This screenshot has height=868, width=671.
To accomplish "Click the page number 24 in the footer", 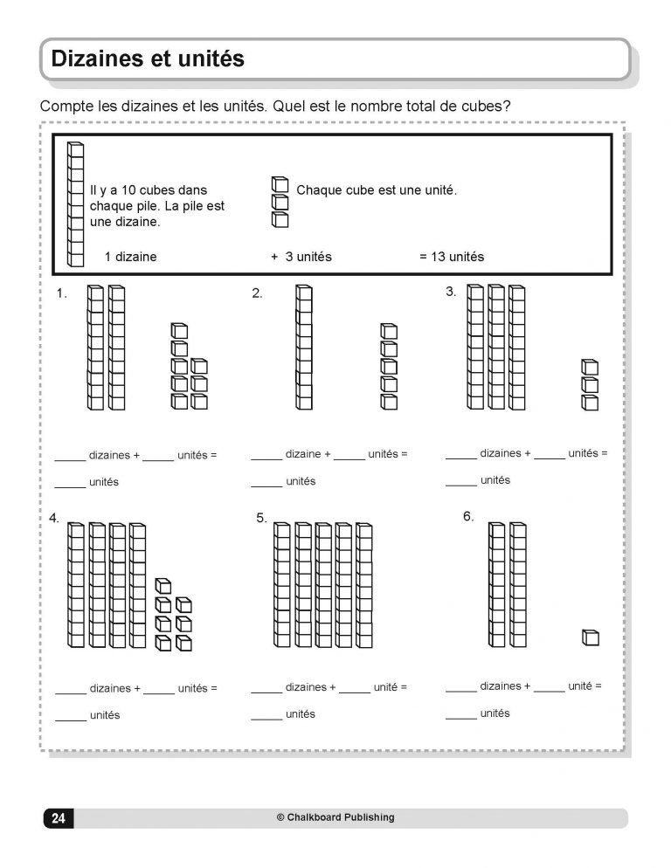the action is [x=58, y=818].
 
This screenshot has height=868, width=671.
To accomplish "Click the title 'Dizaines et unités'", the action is [x=148, y=59].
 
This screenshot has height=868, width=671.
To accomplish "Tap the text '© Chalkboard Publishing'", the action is [x=335, y=818].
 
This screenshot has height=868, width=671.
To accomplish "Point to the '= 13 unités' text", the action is [x=451, y=257].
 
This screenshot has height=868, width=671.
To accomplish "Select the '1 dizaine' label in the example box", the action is [x=130, y=257].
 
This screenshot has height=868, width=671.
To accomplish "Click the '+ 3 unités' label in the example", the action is [x=301, y=257].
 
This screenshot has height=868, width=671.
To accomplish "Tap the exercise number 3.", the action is [x=451, y=292].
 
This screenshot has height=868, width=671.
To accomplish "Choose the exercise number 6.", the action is [x=468, y=517].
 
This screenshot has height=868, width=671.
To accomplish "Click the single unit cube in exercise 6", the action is [x=591, y=638].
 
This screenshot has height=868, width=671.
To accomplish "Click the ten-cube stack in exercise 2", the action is [x=303, y=347].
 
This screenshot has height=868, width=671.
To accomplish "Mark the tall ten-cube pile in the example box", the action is [x=76, y=204].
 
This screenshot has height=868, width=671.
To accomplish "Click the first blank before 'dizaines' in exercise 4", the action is [x=70, y=690].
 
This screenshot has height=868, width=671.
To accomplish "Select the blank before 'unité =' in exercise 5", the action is [x=354, y=689].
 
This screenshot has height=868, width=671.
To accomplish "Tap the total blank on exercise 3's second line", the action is [x=460, y=482].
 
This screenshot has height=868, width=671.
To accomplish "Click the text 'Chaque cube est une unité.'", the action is [x=377, y=189].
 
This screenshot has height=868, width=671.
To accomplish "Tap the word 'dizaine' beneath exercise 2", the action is [x=303, y=454].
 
